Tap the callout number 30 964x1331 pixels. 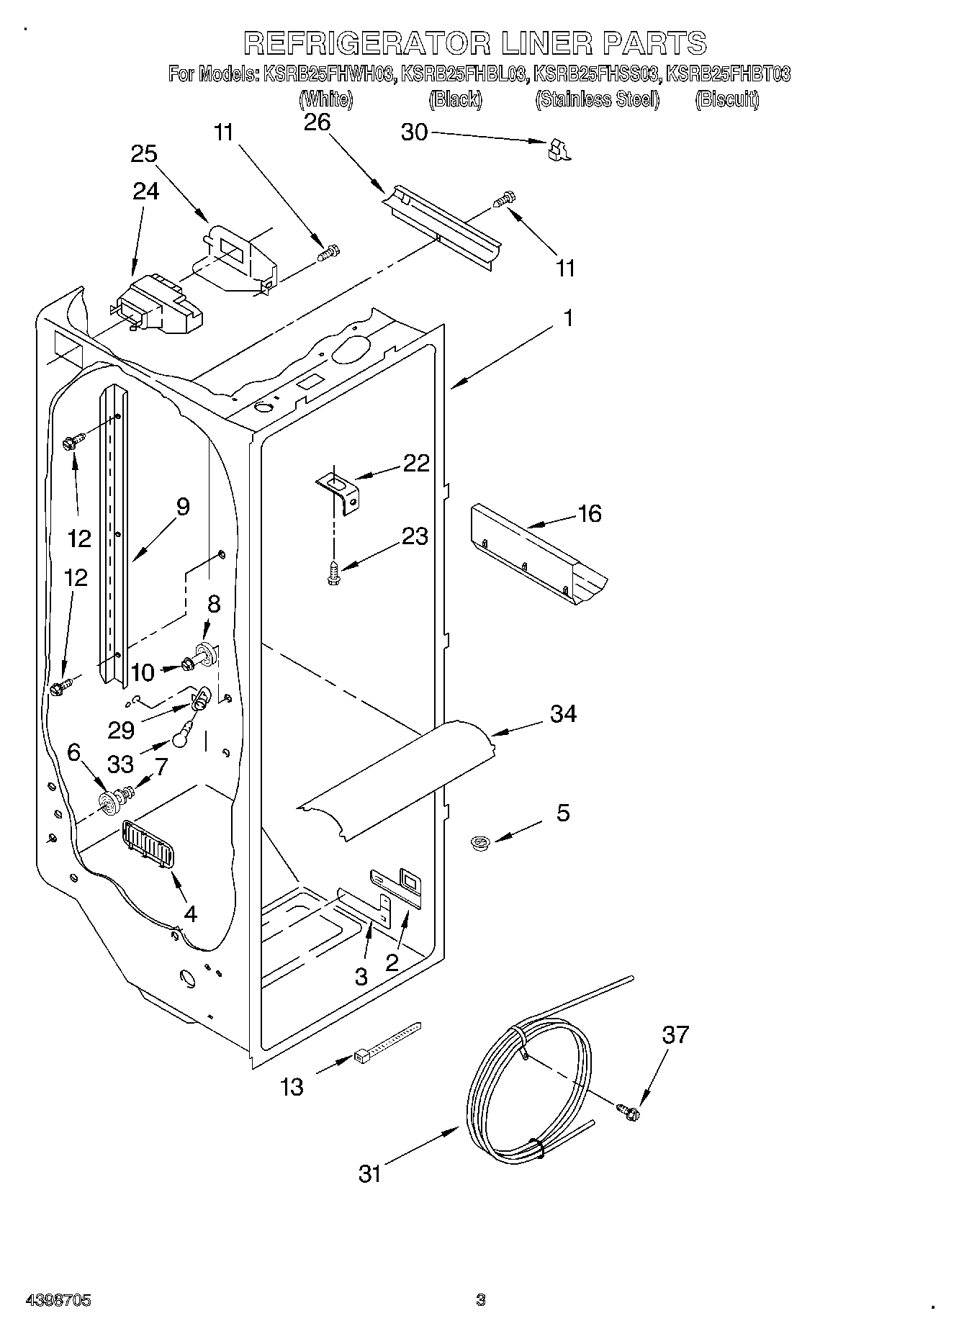[414, 132]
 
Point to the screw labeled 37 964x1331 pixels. [628, 1112]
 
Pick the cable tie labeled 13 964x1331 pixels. [386, 1043]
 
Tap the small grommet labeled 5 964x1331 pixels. [477, 842]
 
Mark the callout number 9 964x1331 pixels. [183, 507]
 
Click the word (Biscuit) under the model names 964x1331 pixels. [726, 99]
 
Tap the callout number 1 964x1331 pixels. [568, 317]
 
